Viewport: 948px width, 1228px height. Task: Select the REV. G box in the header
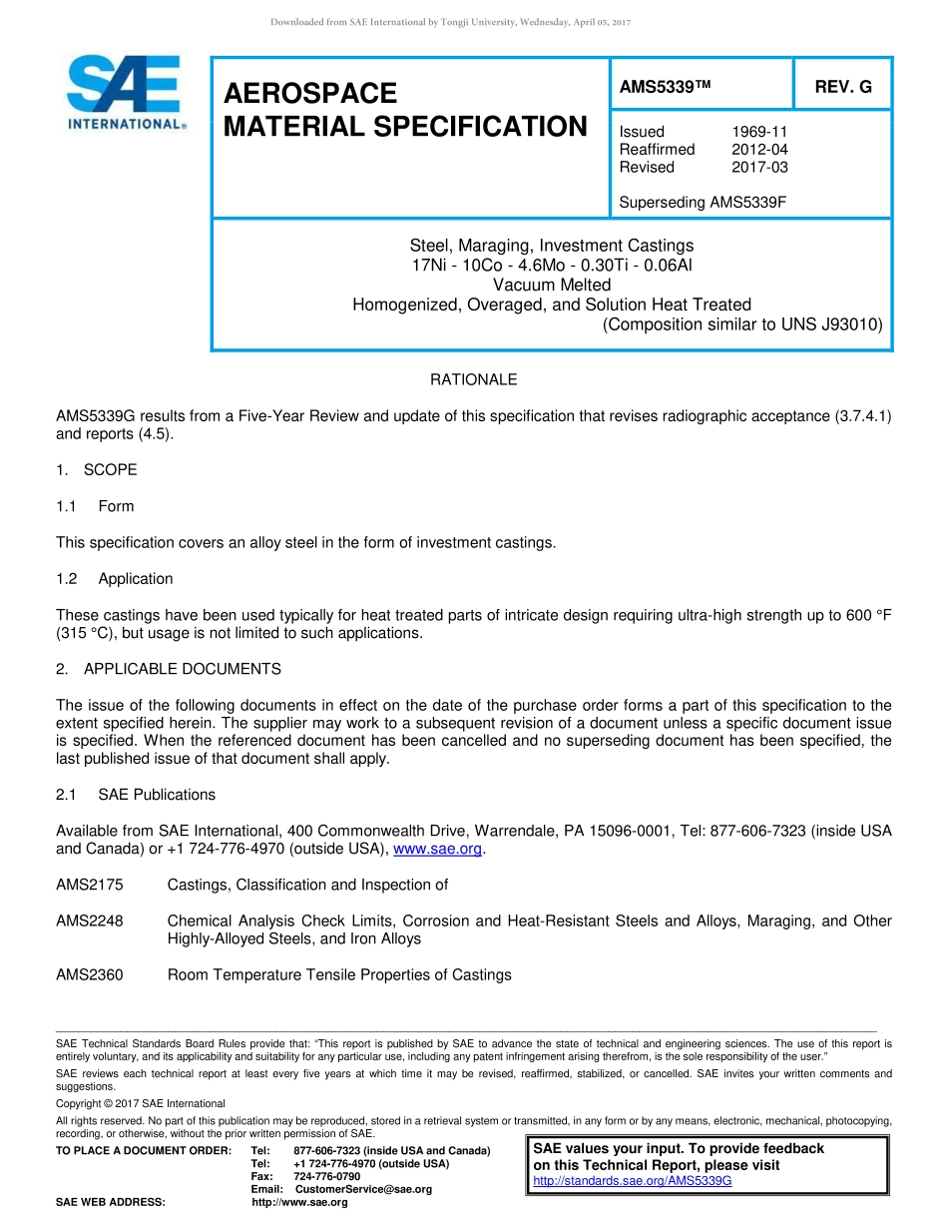pyautogui.click(x=842, y=87)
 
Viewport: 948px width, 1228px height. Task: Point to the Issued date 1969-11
pyautogui.click(x=759, y=132)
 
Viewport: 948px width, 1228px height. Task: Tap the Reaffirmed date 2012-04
pyautogui.click(x=759, y=150)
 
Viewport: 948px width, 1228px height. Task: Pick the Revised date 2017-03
pyautogui.click(x=759, y=167)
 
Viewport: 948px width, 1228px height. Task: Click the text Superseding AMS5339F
pyautogui.click(x=703, y=203)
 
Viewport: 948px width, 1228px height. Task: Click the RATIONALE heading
pyautogui.click(x=473, y=379)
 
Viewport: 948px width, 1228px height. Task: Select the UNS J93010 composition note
pyautogui.click(x=742, y=323)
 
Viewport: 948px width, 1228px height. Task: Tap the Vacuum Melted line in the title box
pyautogui.click(x=552, y=285)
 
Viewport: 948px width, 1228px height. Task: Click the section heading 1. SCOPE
pyautogui.click(x=97, y=470)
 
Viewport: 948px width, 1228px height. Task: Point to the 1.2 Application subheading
pyautogui.click(x=115, y=579)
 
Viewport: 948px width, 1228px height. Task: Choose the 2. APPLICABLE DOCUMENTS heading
pyautogui.click(x=169, y=669)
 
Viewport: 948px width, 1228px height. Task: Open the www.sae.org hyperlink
pyautogui.click(x=438, y=849)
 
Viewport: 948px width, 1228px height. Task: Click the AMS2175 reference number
pyautogui.click(x=90, y=885)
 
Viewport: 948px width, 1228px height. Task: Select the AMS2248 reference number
pyautogui.click(x=90, y=921)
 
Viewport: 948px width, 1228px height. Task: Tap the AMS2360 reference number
pyautogui.click(x=90, y=974)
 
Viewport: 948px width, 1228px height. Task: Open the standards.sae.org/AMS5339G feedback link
pyautogui.click(x=633, y=1180)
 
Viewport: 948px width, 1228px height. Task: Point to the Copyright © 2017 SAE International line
pyautogui.click(x=141, y=1103)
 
